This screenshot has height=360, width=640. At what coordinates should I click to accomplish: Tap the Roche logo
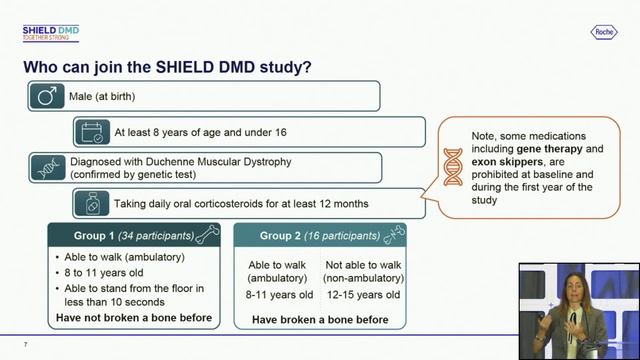[x=605, y=33]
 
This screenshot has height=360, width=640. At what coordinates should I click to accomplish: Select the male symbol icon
[x=46, y=96]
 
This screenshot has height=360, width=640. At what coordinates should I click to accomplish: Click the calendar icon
[x=92, y=131]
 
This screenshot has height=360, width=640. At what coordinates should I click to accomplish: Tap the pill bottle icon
[x=92, y=203]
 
